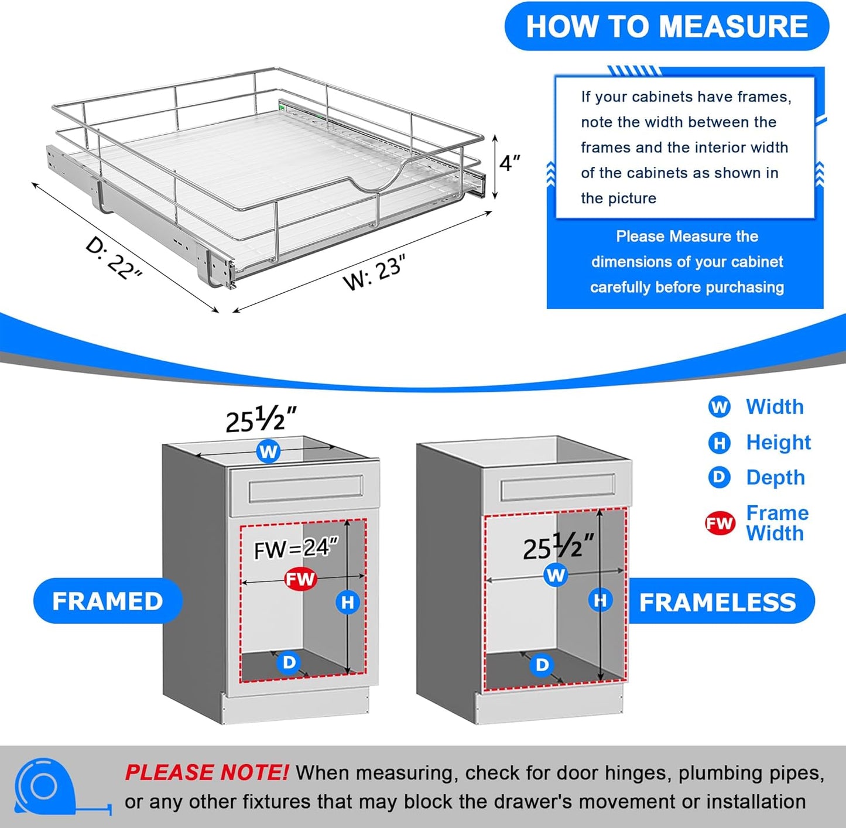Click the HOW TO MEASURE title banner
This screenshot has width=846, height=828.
[666, 27]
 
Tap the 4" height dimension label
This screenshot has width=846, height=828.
[509, 163]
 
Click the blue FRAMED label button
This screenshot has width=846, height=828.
[108, 601]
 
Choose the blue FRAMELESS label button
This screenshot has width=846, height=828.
[718, 602]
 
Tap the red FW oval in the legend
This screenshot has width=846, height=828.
[720, 523]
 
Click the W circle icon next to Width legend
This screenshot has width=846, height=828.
[719, 407]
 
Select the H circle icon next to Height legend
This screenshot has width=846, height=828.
[719, 443]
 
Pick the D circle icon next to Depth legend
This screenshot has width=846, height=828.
[719, 478]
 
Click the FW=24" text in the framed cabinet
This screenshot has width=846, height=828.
[296, 549]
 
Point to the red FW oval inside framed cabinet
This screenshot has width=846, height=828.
[300, 579]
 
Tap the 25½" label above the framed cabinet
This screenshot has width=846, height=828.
[261, 419]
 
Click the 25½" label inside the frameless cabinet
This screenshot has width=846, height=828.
[557, 547]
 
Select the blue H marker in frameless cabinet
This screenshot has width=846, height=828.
[600, 600]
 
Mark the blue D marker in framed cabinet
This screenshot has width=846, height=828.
[289, 662]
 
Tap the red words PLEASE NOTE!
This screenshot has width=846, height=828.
[206, 773]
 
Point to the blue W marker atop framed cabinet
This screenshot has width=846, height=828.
[268, 451]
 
